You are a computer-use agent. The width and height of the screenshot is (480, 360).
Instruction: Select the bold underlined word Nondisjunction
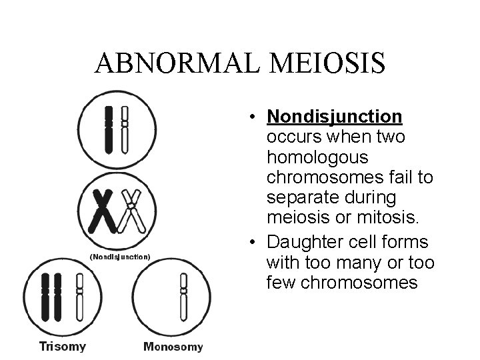pyautogui.click(x=334, y=117)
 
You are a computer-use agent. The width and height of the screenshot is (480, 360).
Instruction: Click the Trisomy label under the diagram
pyautogui.click(x=63, y=346)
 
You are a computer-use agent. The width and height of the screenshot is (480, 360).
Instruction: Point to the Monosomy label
pyautogui.click(x=173, y=346)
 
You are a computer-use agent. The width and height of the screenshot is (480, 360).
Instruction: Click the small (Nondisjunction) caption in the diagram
pyautogui.click(x=121, y=256)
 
